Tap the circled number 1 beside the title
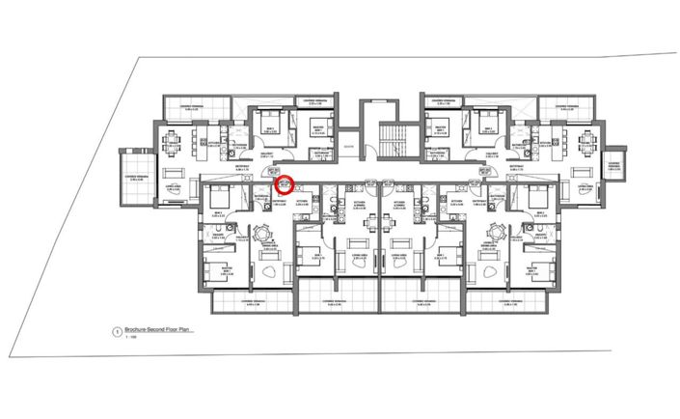pos(117,332)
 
